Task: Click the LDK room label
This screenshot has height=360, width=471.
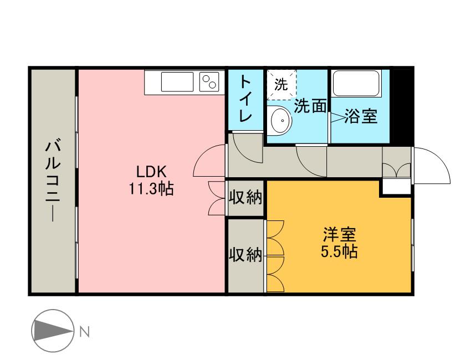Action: (151, 172)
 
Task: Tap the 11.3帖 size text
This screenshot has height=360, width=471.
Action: (151, 189)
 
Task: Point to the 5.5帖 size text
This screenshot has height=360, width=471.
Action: (339, 252)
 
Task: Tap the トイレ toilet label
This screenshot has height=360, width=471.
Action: (246, 100)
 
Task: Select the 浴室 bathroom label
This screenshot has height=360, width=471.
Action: (361, 116)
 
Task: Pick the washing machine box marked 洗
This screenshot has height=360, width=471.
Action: (281, 85)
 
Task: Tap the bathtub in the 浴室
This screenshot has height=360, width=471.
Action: (356, 84)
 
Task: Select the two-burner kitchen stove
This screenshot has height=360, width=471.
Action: (209, 82)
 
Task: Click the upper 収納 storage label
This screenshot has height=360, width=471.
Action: (245, 198)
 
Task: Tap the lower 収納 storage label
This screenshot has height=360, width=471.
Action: (245, 255)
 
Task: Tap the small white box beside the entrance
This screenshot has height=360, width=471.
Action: (396, 187)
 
